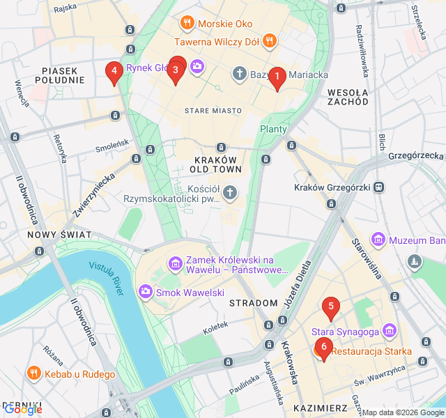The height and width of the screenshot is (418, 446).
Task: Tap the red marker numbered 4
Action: tap(114, 71)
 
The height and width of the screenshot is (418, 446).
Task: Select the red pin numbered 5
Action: tap(331, 307)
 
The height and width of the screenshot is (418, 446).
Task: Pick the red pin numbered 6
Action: tap(323, 348)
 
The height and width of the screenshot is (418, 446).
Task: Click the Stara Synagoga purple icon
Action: tap(390, 330)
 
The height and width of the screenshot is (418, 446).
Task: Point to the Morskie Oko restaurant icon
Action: tap(186, 24)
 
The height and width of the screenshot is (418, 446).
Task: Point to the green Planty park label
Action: tap(273, 129)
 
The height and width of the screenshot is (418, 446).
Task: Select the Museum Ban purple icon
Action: tap(378, 240)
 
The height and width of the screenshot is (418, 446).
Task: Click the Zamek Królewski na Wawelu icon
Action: tap(175, 263)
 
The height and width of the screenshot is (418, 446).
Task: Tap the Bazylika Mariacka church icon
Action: tap(240, 74)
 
